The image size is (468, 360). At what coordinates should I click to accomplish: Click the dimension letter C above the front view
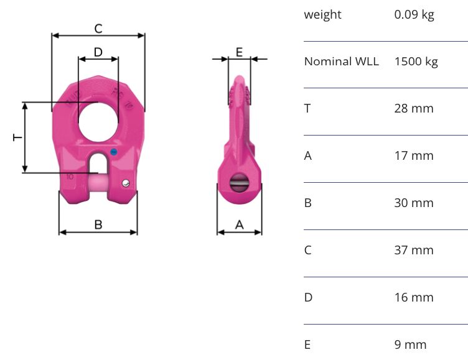[x=98, y=29]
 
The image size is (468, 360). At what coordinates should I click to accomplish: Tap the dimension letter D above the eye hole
[x=98, y=52]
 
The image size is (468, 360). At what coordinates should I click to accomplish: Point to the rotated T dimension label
[x=17, y=137]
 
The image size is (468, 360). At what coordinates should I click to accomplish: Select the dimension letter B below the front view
[x=98, y=224]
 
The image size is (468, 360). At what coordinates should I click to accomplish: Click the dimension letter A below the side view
[x=240, y=224]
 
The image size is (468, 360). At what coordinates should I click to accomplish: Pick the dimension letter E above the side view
[x=239, y=52]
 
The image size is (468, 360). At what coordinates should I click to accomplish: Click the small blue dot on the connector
[x=113, y=152]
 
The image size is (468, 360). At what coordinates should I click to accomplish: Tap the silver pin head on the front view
[x=126, y=183]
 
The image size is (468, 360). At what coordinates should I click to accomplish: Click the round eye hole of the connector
[x=98, y=122]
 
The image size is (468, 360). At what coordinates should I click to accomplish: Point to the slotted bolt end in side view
[x=239, y=183]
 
